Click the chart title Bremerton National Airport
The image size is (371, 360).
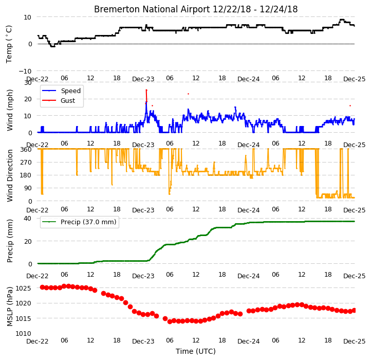point(152,9)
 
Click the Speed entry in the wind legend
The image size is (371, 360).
point(71,91)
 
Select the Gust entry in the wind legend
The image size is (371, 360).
point(68,101)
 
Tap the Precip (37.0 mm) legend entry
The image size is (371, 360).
point(88,222)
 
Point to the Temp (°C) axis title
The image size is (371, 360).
point(9,44)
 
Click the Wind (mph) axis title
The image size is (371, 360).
point(9,110)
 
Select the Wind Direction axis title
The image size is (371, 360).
point(9,175)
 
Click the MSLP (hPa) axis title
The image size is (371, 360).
point(9,307)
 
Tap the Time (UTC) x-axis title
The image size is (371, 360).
point(196,351)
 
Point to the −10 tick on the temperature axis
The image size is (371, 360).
point(25,71)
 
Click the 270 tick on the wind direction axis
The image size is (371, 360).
point(27,162)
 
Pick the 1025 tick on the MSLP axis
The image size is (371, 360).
point(24,288)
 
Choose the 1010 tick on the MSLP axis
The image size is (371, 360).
point(24,333)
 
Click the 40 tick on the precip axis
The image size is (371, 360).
point(28,218)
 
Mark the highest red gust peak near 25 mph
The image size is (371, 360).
point(146,90)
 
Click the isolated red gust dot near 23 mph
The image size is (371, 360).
point(189,94)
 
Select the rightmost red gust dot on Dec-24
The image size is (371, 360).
point(350,105)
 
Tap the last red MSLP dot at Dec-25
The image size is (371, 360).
point(354,310)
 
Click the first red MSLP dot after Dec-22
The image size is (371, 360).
point(42,287)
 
